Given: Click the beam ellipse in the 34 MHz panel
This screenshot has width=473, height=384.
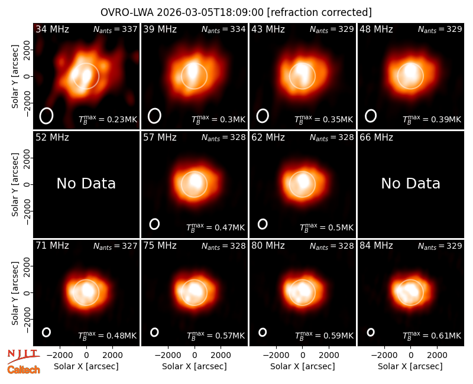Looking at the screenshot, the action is pos(40,116).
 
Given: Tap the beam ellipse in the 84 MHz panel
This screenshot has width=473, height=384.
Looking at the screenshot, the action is pos(367,332).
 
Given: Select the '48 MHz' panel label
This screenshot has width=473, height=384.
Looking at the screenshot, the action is pos(376,29).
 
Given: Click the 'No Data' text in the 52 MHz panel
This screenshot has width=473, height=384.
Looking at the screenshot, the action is pos(86,183).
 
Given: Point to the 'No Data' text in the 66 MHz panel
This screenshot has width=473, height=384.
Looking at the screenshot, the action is pos(410,183).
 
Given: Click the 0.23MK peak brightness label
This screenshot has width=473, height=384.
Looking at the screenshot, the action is pos(108,119).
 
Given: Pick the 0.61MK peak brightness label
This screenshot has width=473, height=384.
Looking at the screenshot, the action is pos(432,335).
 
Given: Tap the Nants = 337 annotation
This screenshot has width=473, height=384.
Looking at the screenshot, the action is pos(115,29).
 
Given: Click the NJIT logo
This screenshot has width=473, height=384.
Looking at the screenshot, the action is pos(23,356).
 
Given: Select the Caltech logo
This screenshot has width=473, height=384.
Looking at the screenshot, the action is pos(24,370).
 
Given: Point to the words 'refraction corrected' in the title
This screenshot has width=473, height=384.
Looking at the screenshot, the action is pos(319,12).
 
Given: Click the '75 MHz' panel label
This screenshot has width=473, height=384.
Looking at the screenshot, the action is pos(160,245).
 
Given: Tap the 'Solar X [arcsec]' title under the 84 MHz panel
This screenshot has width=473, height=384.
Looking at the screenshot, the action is pos(410,366).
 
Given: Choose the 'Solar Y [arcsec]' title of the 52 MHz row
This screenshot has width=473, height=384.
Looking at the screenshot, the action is pos(15,184).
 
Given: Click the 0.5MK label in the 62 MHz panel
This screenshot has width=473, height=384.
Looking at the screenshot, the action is pos(326,227).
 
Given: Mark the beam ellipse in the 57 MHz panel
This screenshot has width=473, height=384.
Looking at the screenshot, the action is pos(150,224).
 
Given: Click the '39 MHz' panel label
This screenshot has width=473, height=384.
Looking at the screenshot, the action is pos(160,29).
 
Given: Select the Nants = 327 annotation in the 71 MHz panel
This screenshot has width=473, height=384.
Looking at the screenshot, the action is pos(115,246).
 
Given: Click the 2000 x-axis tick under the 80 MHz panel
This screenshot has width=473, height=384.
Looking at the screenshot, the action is pos(329,355).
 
